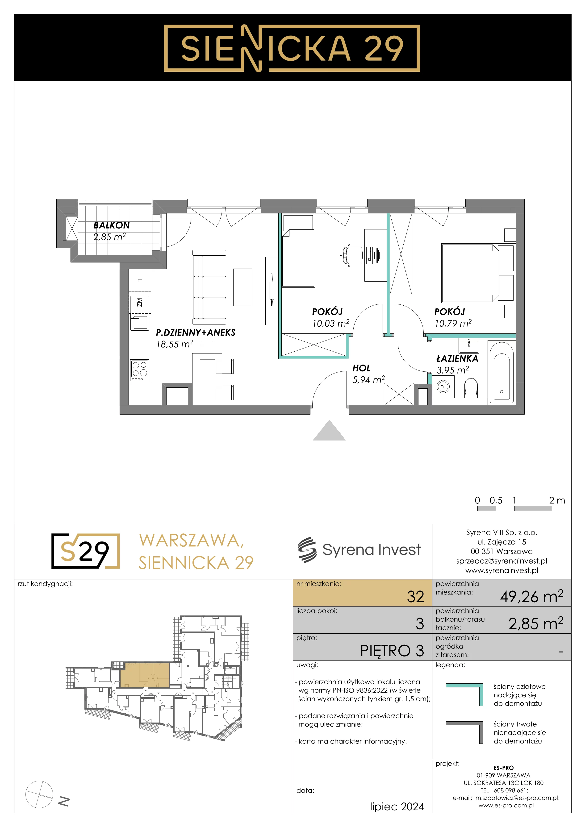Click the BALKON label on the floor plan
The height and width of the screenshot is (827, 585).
coord(111,225)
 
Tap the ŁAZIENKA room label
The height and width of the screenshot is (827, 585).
coord(457,358)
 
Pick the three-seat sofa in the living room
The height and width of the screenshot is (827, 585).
coord(209,287)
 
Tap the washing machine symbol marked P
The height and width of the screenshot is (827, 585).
coord(443,387)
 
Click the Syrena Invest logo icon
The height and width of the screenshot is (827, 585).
coord(307,550)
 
